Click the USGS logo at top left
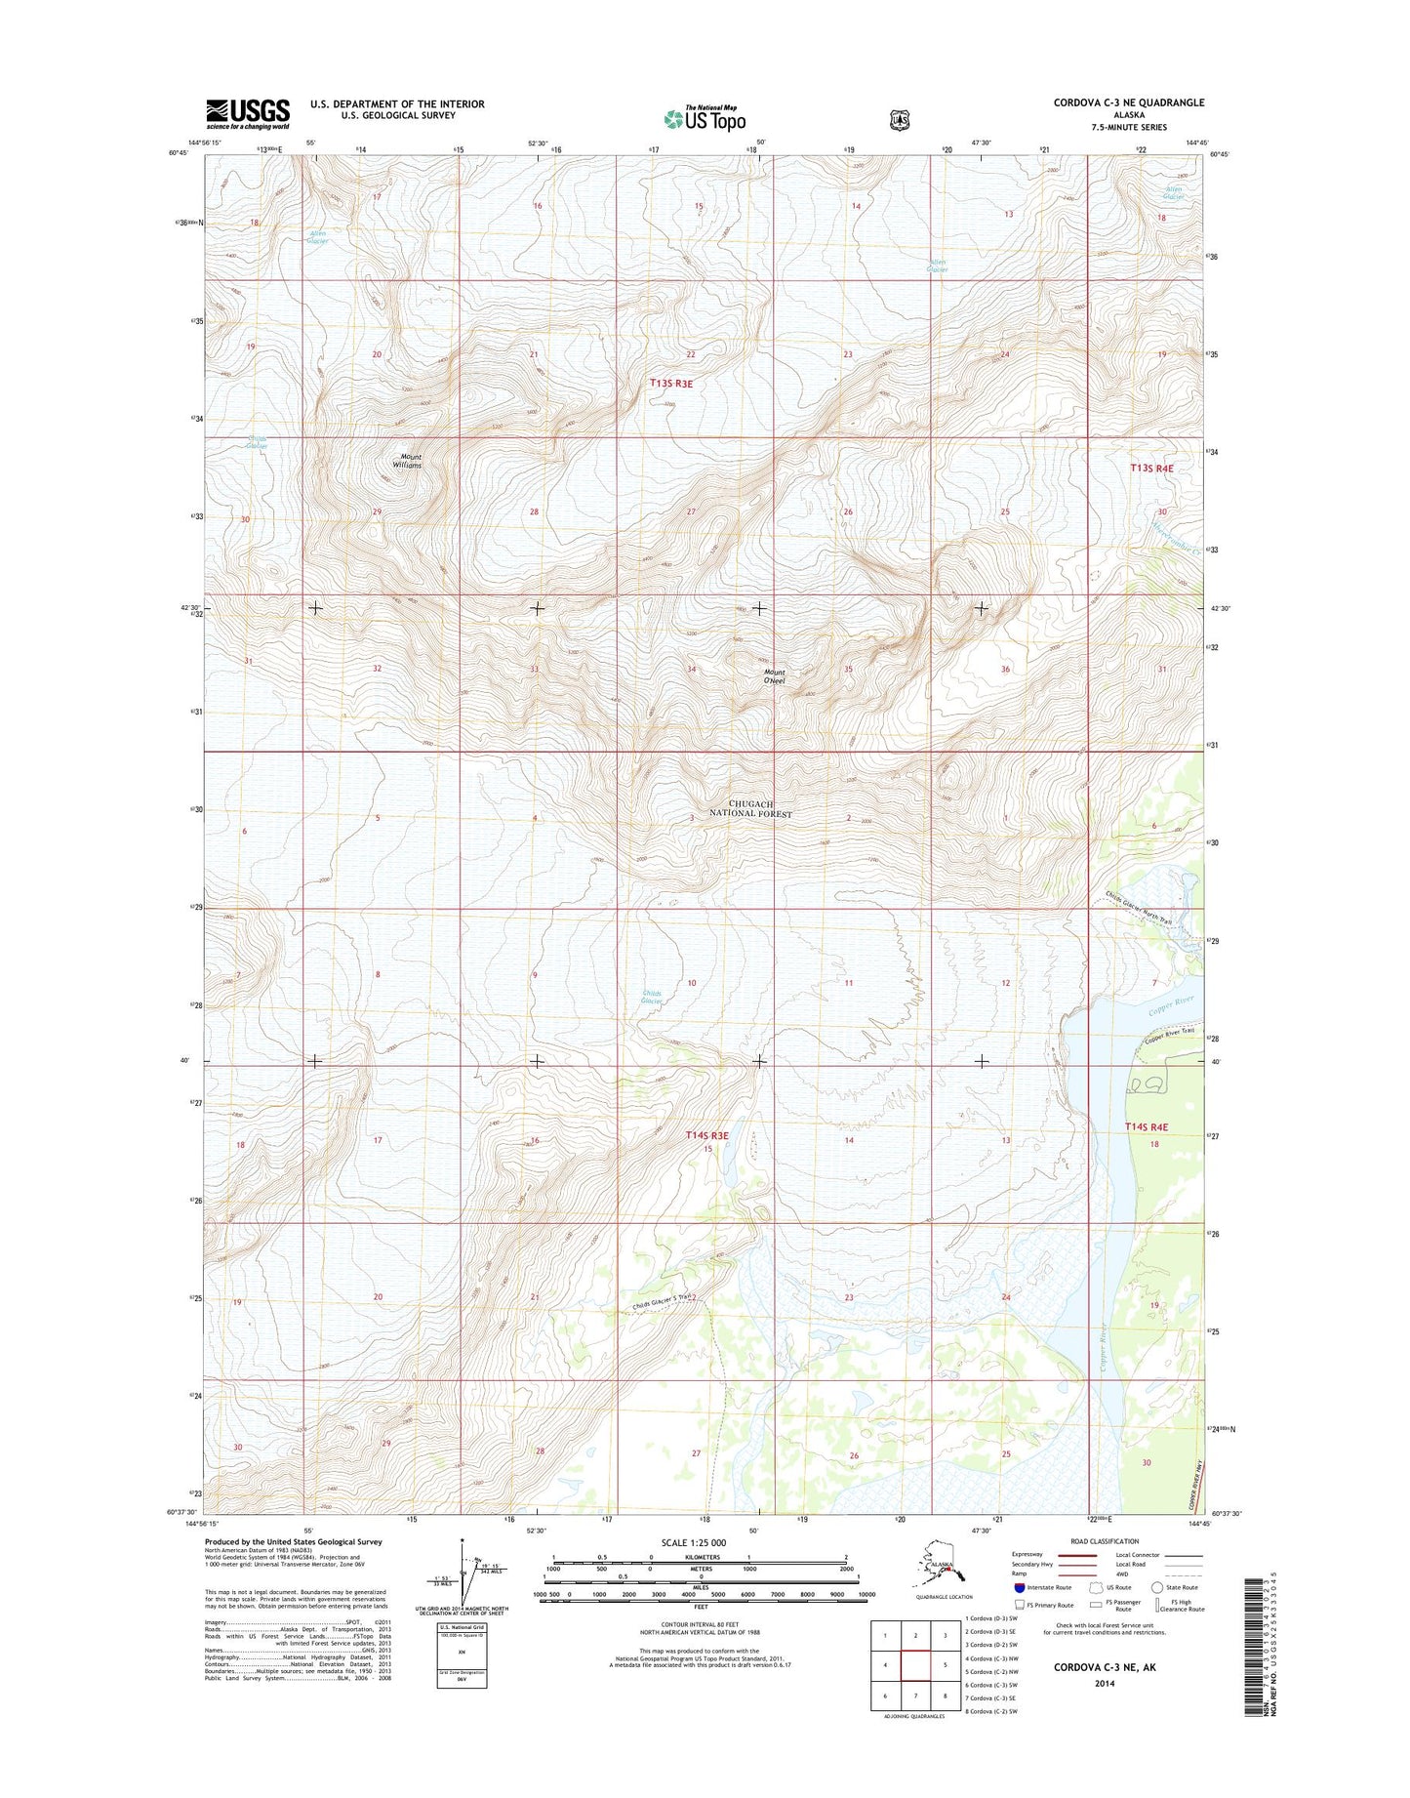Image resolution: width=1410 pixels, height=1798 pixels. click(247, 113)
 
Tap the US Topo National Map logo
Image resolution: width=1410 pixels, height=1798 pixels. click(705, 117)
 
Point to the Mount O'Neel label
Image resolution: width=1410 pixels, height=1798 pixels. click(775, 675)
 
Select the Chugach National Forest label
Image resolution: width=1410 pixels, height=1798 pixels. click(750, 808)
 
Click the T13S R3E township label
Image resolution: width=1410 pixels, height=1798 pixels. click(671, 384)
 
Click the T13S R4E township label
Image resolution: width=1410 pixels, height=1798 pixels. click(1150, 469)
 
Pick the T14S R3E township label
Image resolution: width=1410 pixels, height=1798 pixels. click(707, 1135)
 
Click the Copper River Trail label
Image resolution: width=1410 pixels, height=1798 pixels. click(1166, 1033)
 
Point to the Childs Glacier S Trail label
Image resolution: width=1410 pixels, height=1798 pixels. click(664, 1301)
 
